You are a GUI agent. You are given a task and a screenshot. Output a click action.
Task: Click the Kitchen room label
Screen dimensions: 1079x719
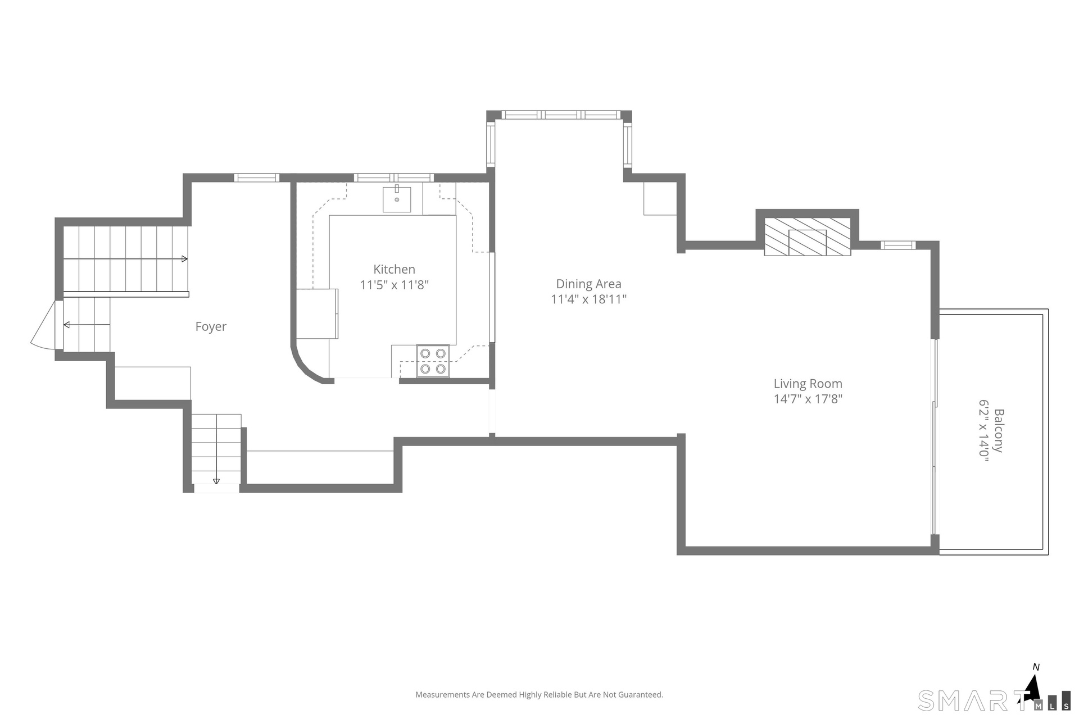click(394, 270)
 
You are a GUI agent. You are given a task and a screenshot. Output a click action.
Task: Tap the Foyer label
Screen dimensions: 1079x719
click(211, 327)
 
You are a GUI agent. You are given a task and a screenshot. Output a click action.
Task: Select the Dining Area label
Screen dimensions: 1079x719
click(588, 284)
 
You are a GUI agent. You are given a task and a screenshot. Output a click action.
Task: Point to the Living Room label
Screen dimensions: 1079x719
click(808, 384)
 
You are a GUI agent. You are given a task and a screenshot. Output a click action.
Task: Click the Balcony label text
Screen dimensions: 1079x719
click(999, 431)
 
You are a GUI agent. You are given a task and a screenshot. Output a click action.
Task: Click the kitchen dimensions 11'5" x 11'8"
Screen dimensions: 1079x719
click(394, 285)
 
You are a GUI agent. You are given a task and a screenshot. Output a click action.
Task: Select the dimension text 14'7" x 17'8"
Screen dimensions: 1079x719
click(808, 399)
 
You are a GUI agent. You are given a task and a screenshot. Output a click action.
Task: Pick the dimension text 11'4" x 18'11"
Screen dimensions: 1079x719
click(588, 299)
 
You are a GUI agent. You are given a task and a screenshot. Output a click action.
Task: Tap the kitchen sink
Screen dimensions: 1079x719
click(397, 199)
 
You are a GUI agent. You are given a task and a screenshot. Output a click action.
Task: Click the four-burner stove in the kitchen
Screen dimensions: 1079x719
click(433, 361)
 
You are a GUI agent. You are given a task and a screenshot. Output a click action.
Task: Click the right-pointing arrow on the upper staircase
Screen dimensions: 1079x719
click(125, 259)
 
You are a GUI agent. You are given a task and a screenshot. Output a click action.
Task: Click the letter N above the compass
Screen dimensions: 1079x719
click(1036, 667)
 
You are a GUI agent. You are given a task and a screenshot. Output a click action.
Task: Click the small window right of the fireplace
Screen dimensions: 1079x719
click(898, 245)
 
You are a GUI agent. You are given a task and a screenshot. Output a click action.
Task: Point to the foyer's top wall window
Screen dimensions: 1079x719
click(257, 178)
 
